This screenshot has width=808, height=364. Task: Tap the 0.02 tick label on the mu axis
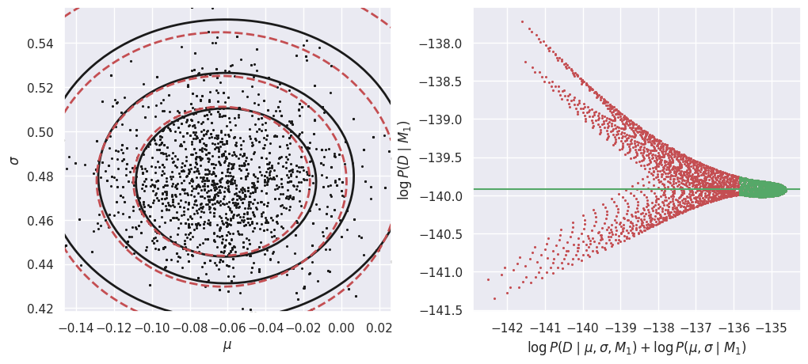379,327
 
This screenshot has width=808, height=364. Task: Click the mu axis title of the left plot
227,345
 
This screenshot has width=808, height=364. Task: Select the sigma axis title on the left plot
13,160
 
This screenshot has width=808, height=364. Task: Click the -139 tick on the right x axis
622,327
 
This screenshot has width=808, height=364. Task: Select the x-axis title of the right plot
637,347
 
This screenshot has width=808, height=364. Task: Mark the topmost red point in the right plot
522,21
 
